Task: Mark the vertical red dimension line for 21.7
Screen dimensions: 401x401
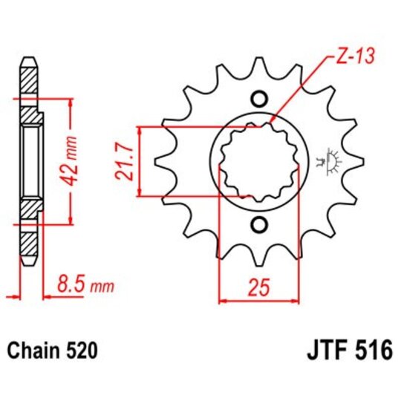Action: click(x=138, y=162)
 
